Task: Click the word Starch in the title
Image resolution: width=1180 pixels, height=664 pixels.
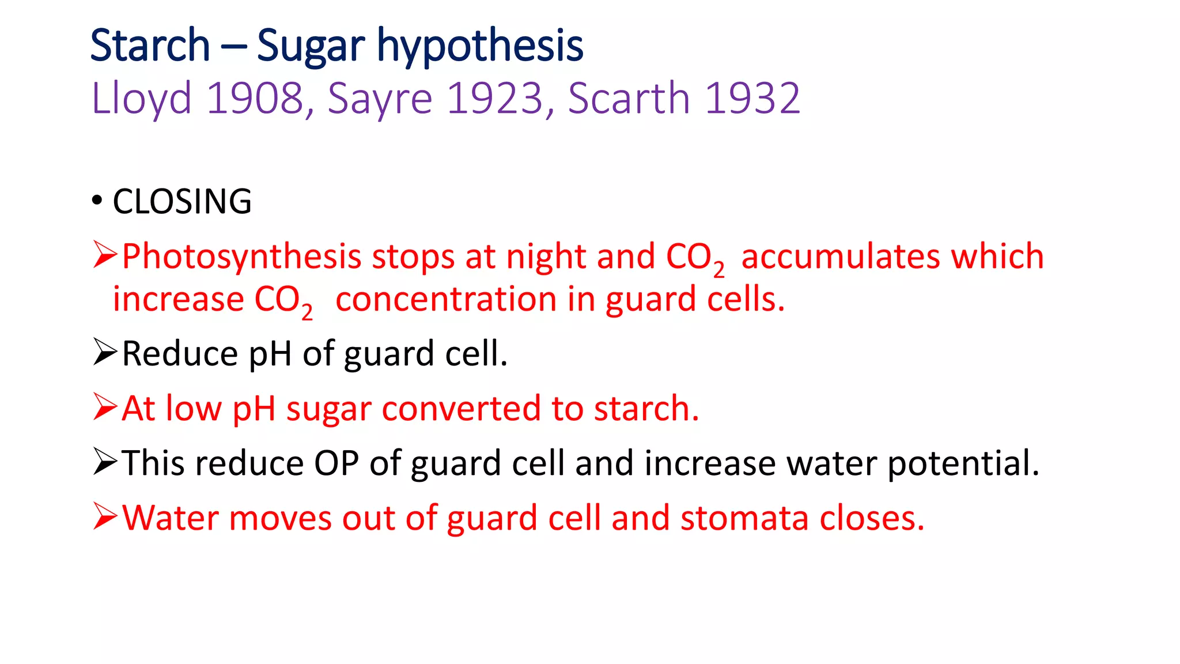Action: tap(150, 46)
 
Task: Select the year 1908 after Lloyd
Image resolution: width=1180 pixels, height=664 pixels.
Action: tap(255, 99)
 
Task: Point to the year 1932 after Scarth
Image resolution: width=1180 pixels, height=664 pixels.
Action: tap(752, 99)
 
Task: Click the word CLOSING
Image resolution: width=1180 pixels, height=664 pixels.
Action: tap(182, 202)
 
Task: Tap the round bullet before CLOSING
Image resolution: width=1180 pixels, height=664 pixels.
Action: tap(97, 201)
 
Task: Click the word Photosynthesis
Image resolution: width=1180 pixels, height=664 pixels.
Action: tap(241, 257)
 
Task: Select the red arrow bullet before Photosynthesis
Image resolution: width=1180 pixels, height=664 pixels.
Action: tap(105, 255)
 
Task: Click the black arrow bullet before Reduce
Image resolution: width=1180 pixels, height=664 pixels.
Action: tap(105, 353)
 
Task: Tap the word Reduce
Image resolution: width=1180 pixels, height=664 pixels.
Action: tap(180, 353)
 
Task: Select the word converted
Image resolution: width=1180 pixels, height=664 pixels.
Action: tap(461, 409)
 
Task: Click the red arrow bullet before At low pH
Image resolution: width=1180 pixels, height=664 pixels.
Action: tap(105, 408)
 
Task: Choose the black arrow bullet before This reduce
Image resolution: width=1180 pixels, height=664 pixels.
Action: tap(105, 462)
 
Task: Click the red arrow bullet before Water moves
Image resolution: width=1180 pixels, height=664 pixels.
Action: tap(105, 516)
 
